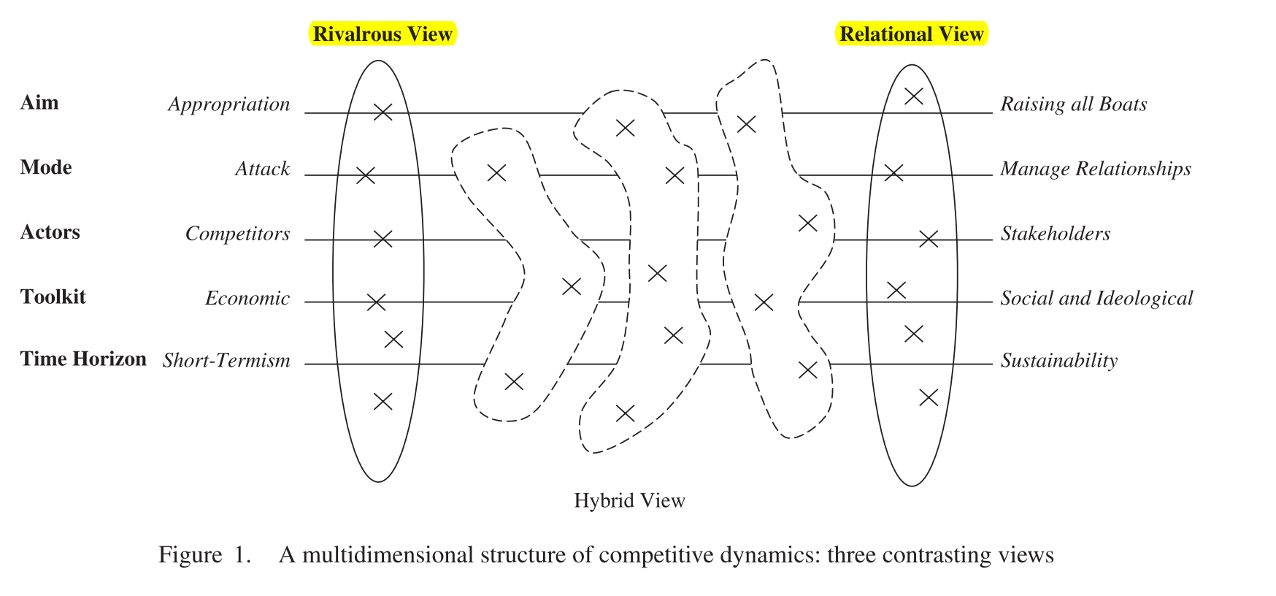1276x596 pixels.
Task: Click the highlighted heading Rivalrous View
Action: pyautogui.click(x=383, y=34)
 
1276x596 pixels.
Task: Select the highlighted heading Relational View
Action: pyautogui.click(x=911, y=34)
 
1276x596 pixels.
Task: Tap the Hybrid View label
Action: pyautogui.click(x=629, y=500)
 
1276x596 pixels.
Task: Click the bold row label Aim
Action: pyautogui.click(x=39, y=103)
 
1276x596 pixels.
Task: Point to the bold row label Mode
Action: pyautogui.click(x=46, y=168)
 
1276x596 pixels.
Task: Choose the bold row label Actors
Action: pyautogui.click(x=50, y=232)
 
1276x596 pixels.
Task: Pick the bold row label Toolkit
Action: pyautogui.click(x=53, y=297)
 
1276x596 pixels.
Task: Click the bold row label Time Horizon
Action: pyautogui.click(x=83, y=359)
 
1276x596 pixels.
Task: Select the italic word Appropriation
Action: pyautogui.click(x=229, y=104)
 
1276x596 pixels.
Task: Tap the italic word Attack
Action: pyautogui.click(x=262, y=169)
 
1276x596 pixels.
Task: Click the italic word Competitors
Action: pyautogui.click(x=237, y=234)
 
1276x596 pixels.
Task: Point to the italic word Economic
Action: pyautogui.click(x=247, y=299)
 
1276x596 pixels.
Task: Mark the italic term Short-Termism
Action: pyautogui.click(x=226, y=361)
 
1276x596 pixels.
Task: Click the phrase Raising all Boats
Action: pyautogui.click(x=1073, y=104)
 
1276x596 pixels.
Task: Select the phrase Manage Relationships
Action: pyautogui.click(x=1095, y=169)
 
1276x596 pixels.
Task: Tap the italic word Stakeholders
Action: pyautogui.click(x=1055, y=234)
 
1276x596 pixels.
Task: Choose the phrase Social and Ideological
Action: pyautogui.click(x=1096, y=299)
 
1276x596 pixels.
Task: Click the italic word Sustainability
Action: pyautogui.click(x=1058, y=361)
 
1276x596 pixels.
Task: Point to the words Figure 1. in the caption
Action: pyautogui.click(x=204, y=555)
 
